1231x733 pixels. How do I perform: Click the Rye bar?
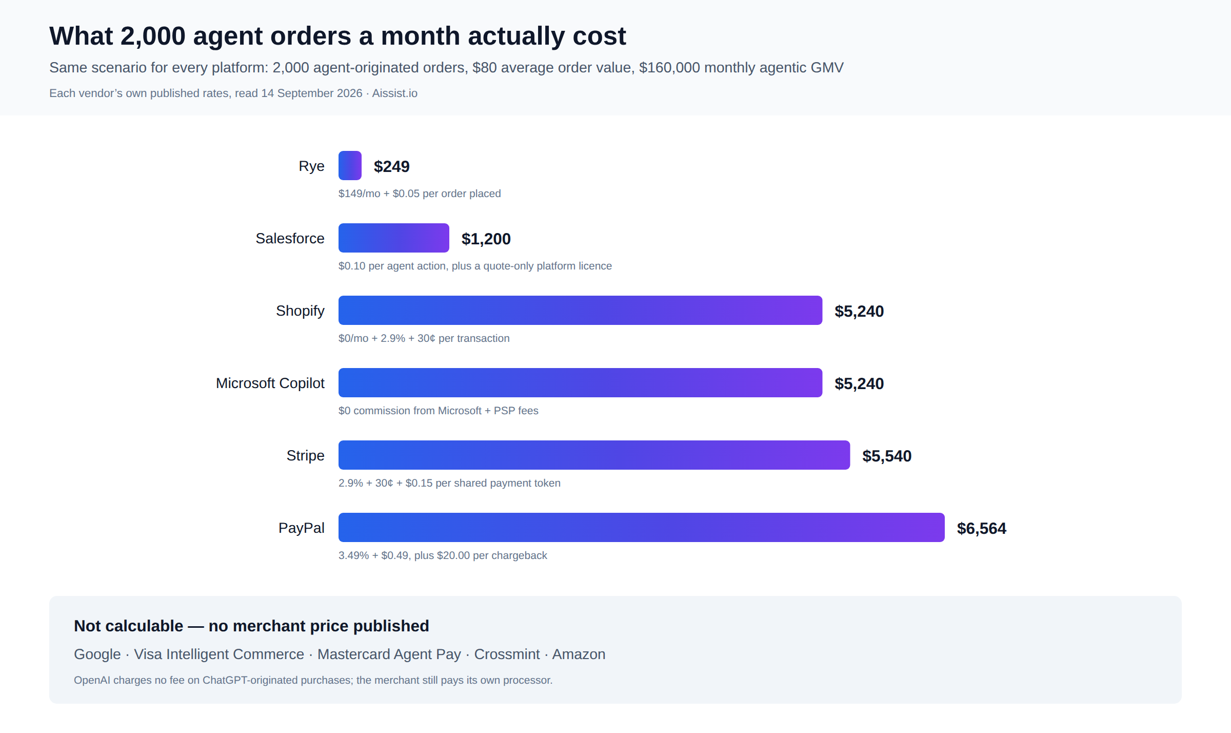[350, 165]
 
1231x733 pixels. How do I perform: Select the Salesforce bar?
[394, 238]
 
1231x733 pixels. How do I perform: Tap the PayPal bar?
[642, 527]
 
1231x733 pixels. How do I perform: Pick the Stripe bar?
[594, 455]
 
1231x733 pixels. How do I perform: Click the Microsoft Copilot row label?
[270, 383]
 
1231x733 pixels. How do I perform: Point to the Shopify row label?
[300, 311]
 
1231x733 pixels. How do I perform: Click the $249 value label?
[392, 166]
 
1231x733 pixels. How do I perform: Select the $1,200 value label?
[486, 239]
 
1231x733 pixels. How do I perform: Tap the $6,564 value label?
[982, 528]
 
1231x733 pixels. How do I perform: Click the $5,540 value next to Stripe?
[887, 456]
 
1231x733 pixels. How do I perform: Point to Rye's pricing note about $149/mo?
[420, 194]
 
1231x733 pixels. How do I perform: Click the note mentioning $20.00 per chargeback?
[443, 555]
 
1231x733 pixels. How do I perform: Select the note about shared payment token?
[449, 483]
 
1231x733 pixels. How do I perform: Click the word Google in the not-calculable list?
[97, 654]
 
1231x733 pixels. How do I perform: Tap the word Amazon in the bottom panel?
[579, 654]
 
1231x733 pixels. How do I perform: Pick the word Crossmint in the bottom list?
[507, 654]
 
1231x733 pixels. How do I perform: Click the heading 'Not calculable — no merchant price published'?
[251, 626]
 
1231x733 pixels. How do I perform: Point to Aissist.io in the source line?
[394, 93]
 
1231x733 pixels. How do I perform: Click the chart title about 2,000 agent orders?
[337, 36]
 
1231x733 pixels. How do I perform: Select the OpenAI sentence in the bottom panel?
[313, 680]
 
